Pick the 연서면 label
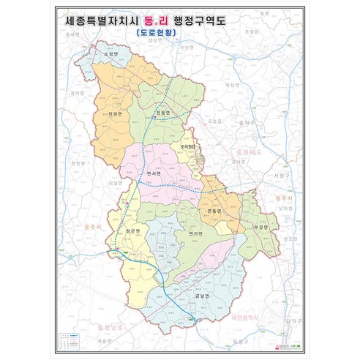(154, 173)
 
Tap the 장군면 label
(132, 231)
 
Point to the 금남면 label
(203, 295)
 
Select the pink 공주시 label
(94, 227)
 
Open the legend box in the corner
(72, 339)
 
